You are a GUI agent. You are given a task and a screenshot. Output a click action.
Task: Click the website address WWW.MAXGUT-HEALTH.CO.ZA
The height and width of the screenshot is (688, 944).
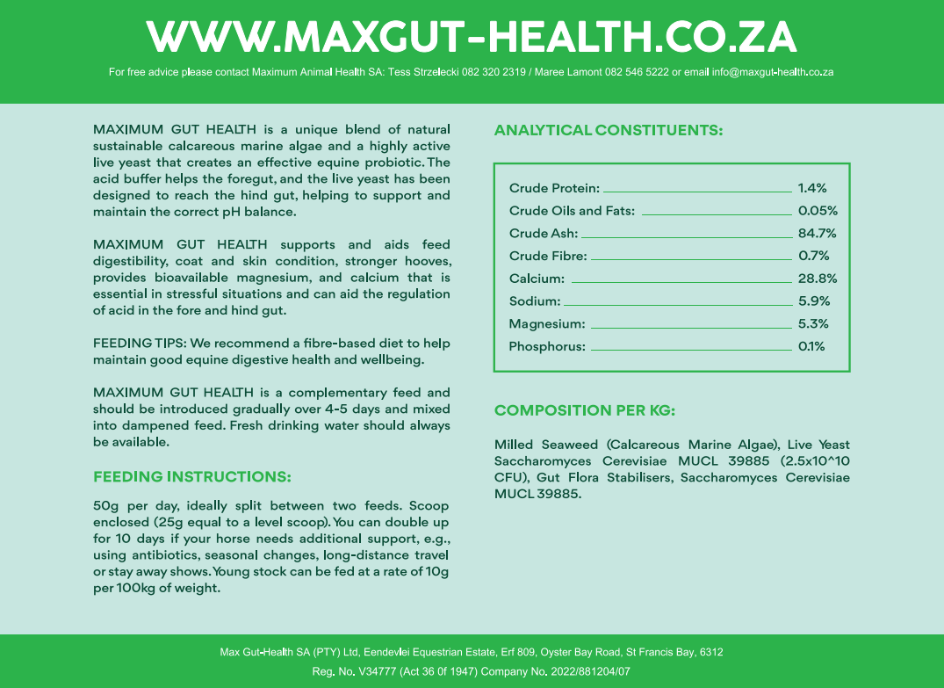click(x=472, y=36)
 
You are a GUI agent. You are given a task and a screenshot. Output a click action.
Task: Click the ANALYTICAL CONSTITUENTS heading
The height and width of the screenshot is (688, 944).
click(x=608, y=131)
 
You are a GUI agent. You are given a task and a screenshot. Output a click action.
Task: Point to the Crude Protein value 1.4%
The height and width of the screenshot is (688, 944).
click(x=812, y=188)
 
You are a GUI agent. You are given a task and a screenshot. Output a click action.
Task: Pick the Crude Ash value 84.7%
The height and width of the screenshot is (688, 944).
click(x=817, y=234)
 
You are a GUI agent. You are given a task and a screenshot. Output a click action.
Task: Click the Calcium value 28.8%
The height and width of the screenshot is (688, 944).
click(x=817, y=279)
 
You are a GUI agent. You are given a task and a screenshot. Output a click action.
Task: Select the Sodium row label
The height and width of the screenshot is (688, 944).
click(x=534, y=301)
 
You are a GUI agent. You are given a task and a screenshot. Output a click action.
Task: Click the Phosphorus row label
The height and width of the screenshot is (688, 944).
click(x=546, y=347)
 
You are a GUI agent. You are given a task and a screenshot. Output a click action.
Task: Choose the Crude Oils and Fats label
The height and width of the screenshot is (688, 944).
click(x=572, y=211)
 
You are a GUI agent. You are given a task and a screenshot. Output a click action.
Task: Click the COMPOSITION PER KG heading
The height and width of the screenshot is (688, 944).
click(x=584, y=410)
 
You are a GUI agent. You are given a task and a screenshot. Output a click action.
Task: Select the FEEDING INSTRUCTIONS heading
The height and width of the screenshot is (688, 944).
click(x=191, y=477)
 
